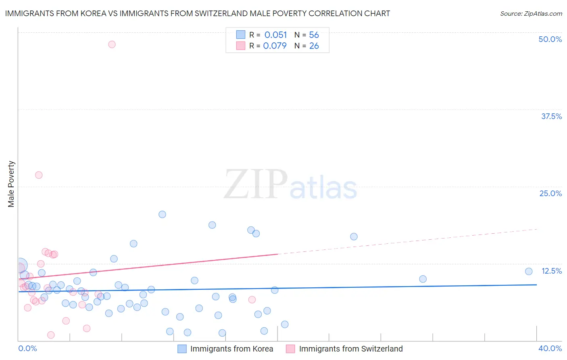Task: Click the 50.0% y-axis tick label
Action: click(x=550, y=39)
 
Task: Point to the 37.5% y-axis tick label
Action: click(x=551, y=116)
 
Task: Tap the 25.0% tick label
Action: click(x=550, y=193)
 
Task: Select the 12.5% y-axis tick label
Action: click(x=551, y=271)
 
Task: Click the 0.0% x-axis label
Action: click(x=27, y=348)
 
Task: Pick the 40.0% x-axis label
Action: click(x=550, y=348)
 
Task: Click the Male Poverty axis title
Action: click(x=11, y=184)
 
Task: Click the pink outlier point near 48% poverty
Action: click(x=112, y=44)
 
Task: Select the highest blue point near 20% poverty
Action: click(x=162, y=214)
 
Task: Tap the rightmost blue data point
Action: click(x=529, y=271)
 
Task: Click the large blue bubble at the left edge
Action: click(x=20, y=266)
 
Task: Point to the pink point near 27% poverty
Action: click(x=39, y=175)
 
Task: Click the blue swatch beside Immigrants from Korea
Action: click(x=182, y=349)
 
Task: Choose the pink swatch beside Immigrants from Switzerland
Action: click(x=290, y=349)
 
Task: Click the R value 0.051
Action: click(x=275, y=35)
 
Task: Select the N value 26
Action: click(x=314, y=46)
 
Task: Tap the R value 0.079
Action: click(x=275, y=46)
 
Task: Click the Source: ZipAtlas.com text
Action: click(x=531, y=14)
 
